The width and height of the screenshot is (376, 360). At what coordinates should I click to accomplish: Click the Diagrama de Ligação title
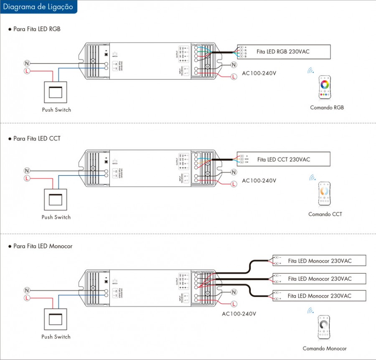pyautogui.click(x=38, y=7)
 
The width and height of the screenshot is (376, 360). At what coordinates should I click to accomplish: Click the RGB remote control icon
pyautogui.click(x=324, y=87)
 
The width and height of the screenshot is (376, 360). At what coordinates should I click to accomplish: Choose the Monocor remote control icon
pyautogui.click(x=324, y=327)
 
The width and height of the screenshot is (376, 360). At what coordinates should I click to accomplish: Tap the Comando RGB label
pyautogui.click(x=327, y=107)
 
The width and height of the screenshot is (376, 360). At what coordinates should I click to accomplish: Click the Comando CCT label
pyautogui.click(x=325, y=214)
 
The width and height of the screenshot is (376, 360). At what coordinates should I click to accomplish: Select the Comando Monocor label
pyautogui.click(x=325, y=348)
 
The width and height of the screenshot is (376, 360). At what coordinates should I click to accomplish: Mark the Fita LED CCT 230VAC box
pyautogui.click(x=283, y=159)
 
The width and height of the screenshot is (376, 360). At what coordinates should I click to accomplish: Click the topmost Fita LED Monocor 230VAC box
pyautogui.click(x=319, y=261)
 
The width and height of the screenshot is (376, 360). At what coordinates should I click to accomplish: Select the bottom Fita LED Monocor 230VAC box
pyautogui.click(x=319, y=296)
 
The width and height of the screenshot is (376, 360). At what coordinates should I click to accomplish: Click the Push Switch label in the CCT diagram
pyautogui.click(x=56, y=217)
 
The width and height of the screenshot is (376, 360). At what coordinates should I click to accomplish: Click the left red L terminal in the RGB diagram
pyautogui.click(x=27, y=71)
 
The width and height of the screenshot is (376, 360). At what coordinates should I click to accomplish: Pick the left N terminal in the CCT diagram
pyautogui.click(x=27, y=171)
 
